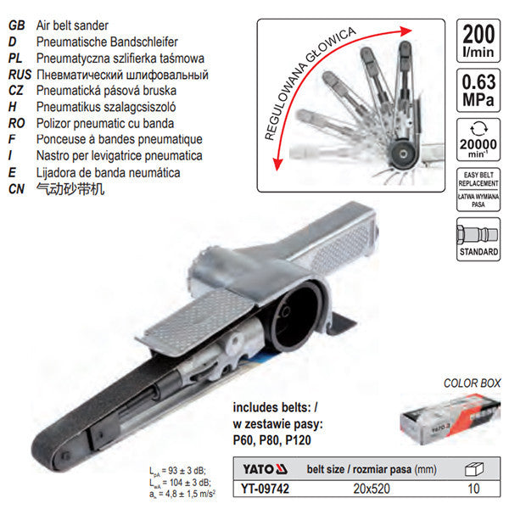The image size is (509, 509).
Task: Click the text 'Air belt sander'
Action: pyautogui.click(x=73, y=27)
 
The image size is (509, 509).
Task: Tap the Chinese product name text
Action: pyautogui.click(x=70, y=188)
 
